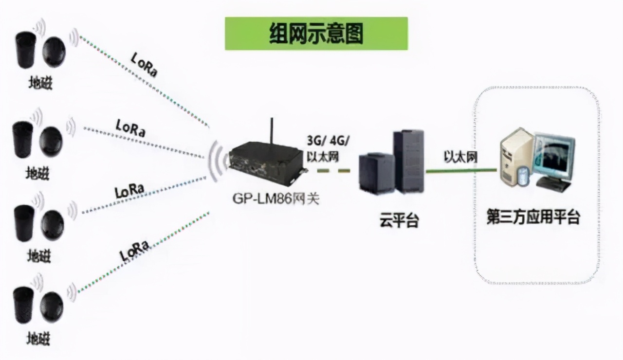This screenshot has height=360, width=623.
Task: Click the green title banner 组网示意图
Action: pyautogui.click(x=316, y=34)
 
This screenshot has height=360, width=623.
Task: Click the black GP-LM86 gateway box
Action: pyautogui.click(x=265, y=162)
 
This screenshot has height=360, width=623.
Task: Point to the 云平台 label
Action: pyautogui.click(x=399, y=221)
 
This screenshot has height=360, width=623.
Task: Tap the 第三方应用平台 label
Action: pyautogui.click(x=533, y=217)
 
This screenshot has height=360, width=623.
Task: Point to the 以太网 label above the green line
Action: pyautogui.click(x=459, y=157)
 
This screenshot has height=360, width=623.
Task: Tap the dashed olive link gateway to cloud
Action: pyautogui.click(x=334, y=170)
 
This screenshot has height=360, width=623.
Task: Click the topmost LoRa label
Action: pyautogui.click(x=145, y=64)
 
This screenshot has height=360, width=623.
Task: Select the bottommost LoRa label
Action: pyautogui.click(x=134, y=251)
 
